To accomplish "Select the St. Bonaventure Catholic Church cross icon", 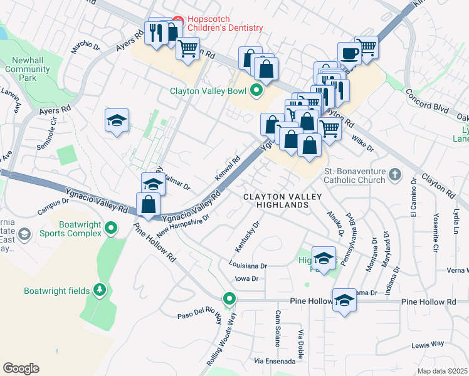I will [394, 174].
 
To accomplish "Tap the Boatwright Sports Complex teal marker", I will [112, 228].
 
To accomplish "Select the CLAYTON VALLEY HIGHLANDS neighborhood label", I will [282, 201].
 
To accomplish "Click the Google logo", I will [21, 368].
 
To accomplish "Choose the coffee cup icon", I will [349, 53].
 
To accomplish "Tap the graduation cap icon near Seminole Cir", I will [117, 122].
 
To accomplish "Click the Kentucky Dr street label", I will [249, 233].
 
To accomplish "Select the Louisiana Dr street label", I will [248, 265].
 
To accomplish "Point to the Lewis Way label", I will [428, 344].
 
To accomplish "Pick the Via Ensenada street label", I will [273, 362].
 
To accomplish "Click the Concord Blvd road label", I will [427, 100].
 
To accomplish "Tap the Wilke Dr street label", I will [362, 144].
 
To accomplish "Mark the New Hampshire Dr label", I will [182, 224].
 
